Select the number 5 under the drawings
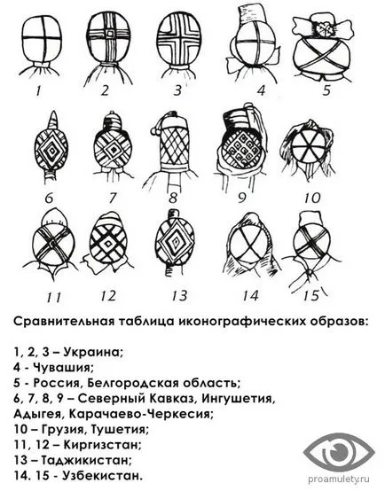[326, 90]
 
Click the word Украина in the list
[93, 352]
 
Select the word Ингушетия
[239, 398]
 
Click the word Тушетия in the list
[120, 429]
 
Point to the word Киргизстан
[102, 444]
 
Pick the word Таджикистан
[84, 460]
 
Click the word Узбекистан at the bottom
[102, 475]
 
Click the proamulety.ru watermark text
[339, 479]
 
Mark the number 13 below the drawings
[180, 295]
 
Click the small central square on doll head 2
[109, 33]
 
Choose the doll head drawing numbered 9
[241, 147]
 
